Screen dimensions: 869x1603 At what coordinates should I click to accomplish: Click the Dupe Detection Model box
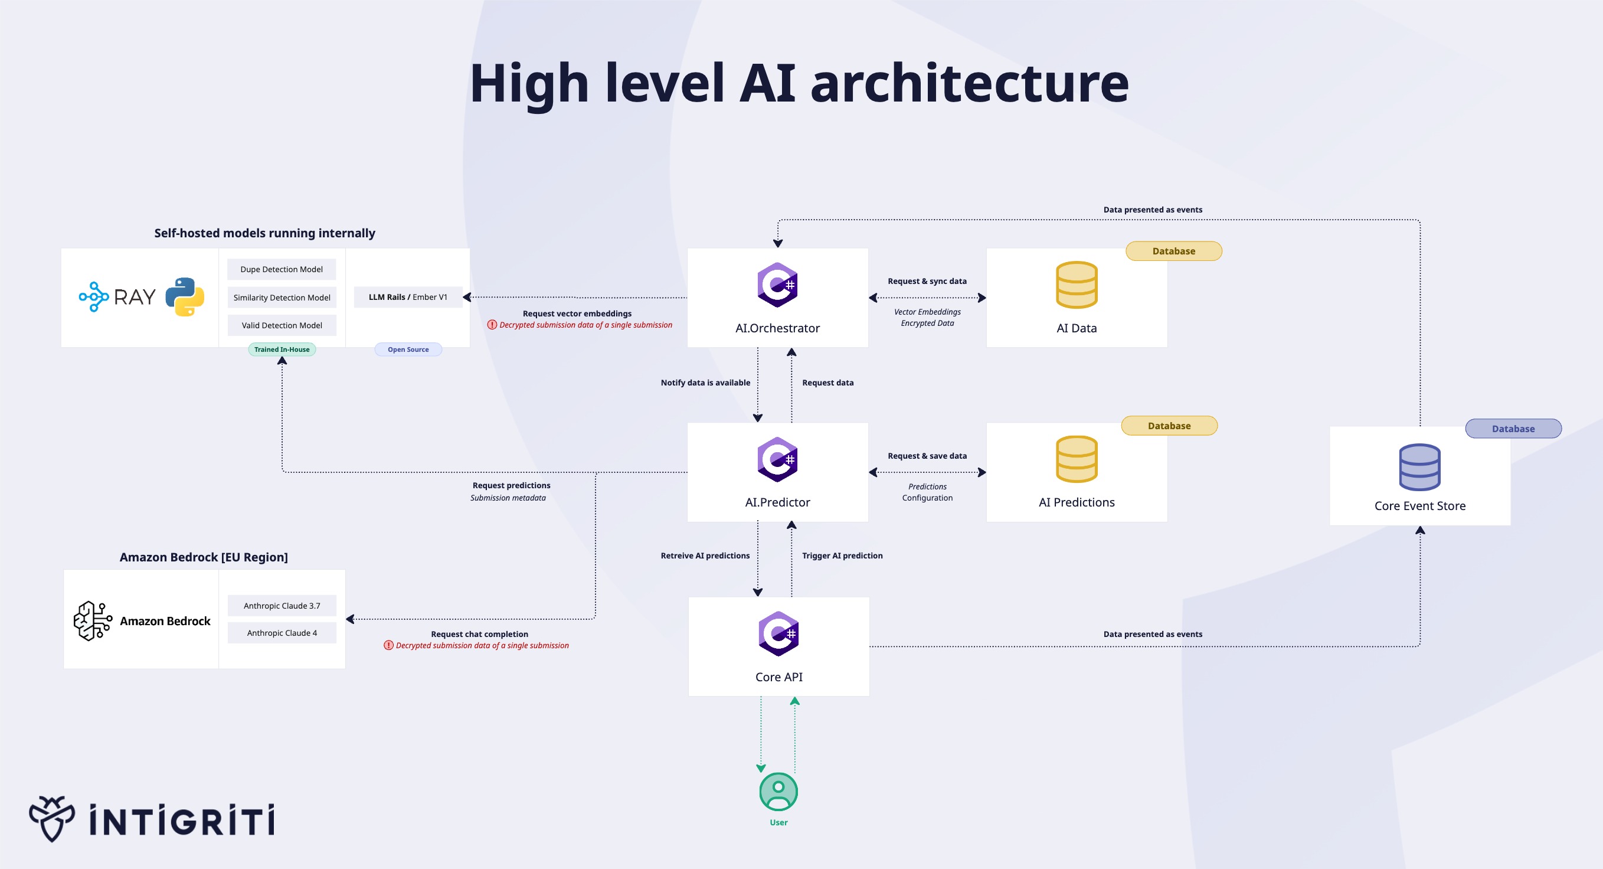(x=282, y=269)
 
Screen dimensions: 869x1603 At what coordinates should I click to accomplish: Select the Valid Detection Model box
(x=282, y=325)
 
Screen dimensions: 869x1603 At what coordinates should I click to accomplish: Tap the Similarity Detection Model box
(x=282, y=298)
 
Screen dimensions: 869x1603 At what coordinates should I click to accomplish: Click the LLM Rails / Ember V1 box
(x=408, y=297)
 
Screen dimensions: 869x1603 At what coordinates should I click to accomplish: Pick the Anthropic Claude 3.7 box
(x=282, y=606)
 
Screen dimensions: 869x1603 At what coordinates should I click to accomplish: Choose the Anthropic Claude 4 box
(x=282, y=633)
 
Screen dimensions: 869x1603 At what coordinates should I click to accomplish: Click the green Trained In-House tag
(x=282, y=349)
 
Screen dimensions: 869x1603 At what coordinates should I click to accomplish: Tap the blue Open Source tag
(x=408, y=349)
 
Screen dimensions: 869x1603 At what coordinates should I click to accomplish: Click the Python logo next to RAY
(x=185, y=297)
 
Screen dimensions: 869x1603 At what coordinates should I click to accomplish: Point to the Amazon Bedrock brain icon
(x=93, y=620)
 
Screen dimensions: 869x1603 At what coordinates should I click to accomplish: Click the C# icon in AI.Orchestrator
(x=777, y=285)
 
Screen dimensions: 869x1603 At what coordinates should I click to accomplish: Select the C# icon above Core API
(x=778, y=633)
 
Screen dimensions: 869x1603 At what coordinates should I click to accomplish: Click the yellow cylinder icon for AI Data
(x=1077, y=285)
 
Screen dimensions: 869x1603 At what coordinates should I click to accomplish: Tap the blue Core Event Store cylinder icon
(x=1419, y=468)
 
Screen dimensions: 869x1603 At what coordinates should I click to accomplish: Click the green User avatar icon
(x=778, y=791)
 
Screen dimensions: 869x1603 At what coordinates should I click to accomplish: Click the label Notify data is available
(x=705, y=383)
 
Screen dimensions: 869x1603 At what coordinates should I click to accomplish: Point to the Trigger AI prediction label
(x=842, y=556)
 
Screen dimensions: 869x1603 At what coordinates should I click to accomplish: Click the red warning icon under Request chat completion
(x=388, y=645)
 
